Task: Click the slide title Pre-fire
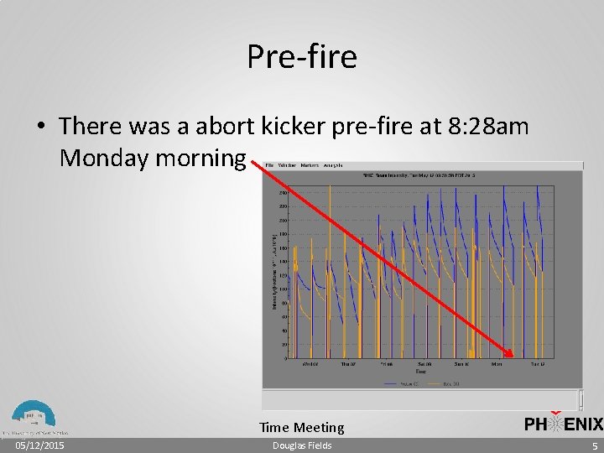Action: click(302, 57)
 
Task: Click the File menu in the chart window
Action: click(269, 165)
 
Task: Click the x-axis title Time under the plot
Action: click(420, 370)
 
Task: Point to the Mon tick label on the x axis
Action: click(497, 364)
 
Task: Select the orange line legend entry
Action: click(445, 384)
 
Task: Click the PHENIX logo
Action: click(563, 424)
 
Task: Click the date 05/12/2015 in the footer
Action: click(40, 445)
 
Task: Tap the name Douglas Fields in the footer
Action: click(302, 445)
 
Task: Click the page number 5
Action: click(594, 445)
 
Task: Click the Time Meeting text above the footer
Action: click(302, 428)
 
